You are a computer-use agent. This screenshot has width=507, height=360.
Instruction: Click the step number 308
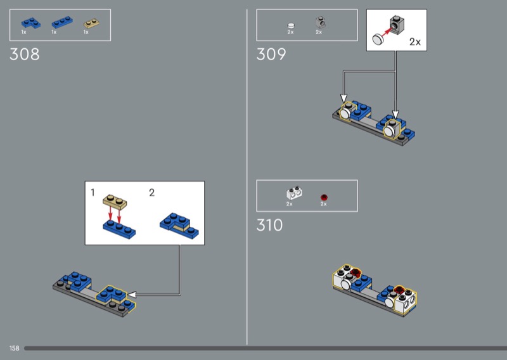tap(25, 55)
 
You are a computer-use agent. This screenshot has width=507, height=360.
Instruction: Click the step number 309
tap(271, 55)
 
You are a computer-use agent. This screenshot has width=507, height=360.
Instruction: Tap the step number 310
tap(270, 225)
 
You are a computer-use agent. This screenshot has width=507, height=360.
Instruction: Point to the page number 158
tap(14, 349)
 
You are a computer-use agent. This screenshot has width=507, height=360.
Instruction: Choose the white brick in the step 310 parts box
tap(293, 194)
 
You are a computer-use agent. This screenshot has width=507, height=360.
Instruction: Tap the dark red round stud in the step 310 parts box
tap(324, 196)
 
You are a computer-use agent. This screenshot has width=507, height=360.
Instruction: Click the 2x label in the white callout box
tap(415, 42)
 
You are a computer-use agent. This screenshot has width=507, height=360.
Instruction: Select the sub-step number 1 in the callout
tap(93, 192)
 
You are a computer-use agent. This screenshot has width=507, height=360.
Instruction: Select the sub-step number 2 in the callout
tap(151, 192)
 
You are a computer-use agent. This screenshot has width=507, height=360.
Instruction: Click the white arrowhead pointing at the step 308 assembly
tap(133, 294)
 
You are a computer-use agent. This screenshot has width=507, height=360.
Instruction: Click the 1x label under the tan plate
tap(86, 32)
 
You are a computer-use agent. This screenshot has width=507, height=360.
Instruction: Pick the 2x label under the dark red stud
tap(323, 204)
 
